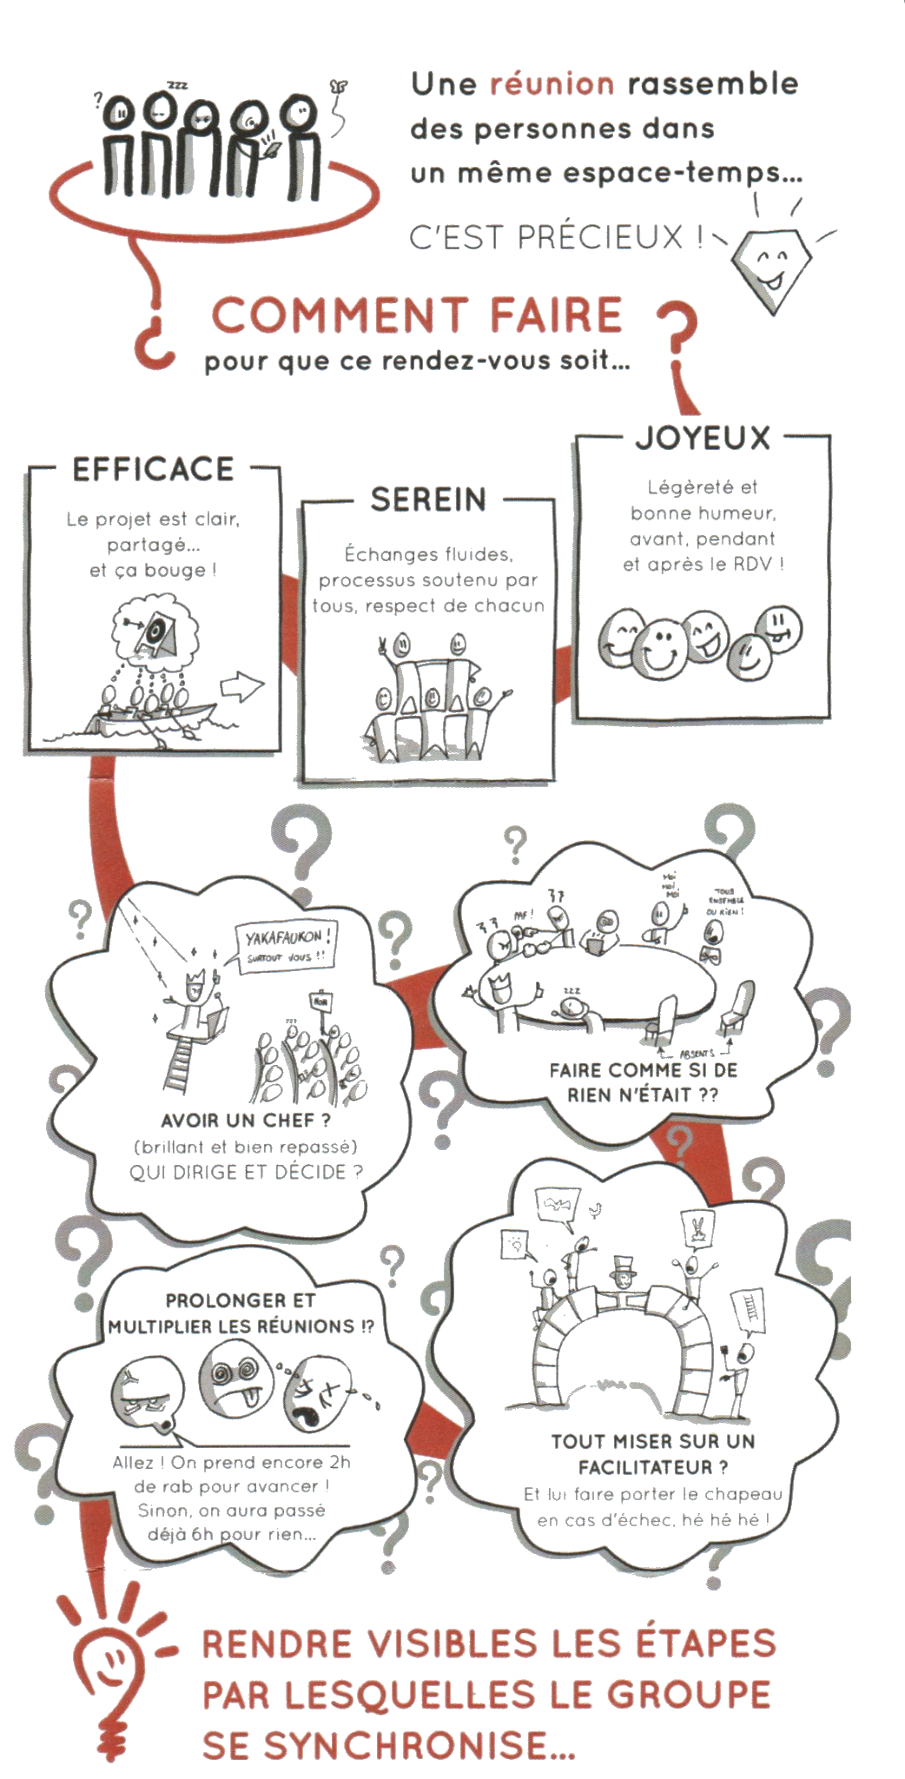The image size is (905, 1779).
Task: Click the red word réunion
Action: (x=552, y=85)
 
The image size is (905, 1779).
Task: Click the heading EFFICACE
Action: (x=153, y=468)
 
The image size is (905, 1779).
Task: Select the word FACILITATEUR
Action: (x=651, y=1467)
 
